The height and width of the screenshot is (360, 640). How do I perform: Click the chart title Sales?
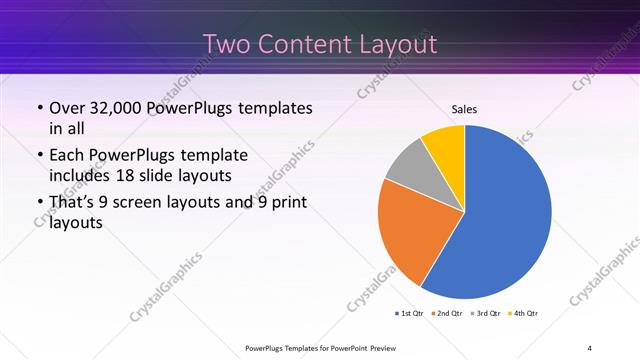pos(465,108)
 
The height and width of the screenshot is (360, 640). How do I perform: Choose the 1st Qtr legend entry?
pos(409,314)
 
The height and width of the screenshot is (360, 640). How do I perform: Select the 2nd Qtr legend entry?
pos(447,314)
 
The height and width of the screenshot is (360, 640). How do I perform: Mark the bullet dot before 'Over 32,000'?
pos(39,108)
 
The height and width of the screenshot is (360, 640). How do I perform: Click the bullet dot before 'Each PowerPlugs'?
pos(39,155)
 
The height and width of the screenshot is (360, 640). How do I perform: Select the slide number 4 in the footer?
pos(589,347)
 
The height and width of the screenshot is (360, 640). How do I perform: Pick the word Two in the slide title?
pos(227,45)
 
